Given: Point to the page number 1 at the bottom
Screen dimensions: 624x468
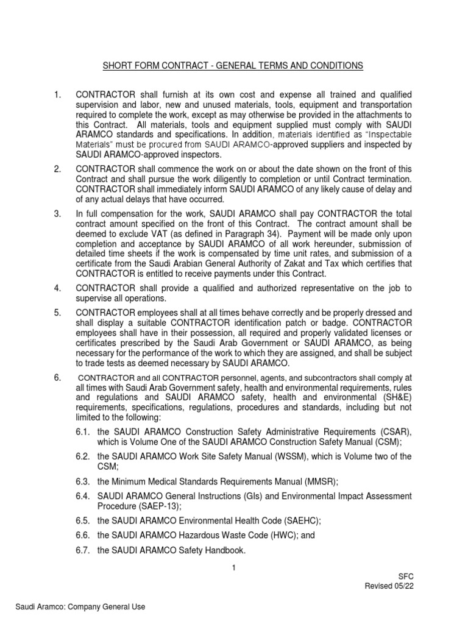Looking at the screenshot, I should click(233, 569).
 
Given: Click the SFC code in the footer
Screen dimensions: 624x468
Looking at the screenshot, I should click(405, 576).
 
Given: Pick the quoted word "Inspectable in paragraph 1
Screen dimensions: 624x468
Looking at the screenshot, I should click(383, 134).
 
